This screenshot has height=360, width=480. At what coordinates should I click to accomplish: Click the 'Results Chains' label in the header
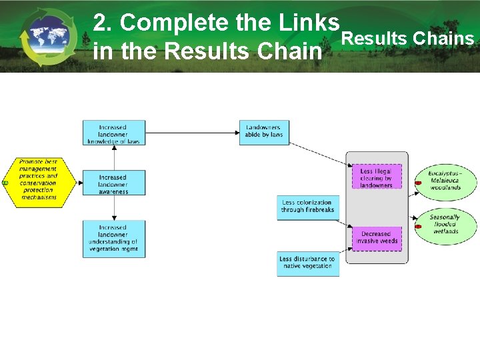407,39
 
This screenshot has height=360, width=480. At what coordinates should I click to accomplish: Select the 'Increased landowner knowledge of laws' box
113,133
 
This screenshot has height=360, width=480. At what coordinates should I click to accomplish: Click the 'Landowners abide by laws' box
264,131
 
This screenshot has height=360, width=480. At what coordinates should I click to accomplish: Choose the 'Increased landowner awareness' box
113,183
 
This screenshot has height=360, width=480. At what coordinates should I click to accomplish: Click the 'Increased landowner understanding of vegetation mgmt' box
113,239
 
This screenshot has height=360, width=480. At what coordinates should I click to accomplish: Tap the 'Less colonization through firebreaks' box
307,207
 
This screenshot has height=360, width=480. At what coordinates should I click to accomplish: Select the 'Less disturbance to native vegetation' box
307,262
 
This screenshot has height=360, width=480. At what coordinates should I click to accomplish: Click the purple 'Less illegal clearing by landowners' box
377,178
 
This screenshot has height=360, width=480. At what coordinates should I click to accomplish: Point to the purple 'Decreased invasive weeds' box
377,239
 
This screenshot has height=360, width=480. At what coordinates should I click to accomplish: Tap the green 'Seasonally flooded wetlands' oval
445,224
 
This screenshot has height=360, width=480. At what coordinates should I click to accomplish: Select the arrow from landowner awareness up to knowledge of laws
115,157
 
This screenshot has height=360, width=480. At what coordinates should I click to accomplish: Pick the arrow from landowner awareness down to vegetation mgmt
115,208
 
